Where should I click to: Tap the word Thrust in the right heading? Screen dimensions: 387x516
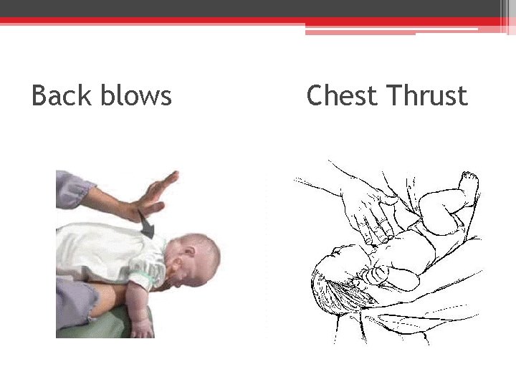pyautogui.click(x=426, y=95)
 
